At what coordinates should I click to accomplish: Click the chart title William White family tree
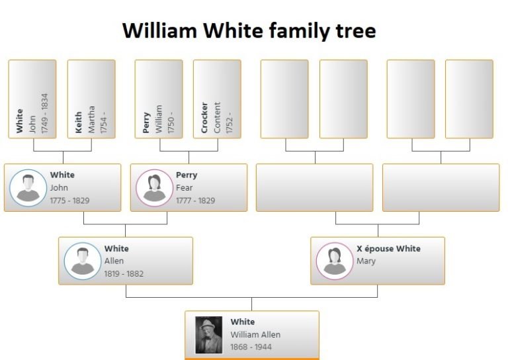(x=249, y=30)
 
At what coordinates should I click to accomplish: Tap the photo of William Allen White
(x=208, y=335)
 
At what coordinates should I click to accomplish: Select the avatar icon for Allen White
(x=82, y=261)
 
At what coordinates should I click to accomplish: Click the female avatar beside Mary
(x=334, y=261)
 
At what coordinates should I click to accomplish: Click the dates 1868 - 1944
(x=251, y=347)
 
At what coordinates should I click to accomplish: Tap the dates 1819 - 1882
(x=124, y=273)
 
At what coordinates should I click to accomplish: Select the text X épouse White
(x=388, y=249)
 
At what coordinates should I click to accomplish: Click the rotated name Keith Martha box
(x=91, y=99)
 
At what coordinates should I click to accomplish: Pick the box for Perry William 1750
(x=159, y=99)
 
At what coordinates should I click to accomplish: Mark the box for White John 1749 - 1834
(x=32, y=99)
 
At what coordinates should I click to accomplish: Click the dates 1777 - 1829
(x=195, y=201)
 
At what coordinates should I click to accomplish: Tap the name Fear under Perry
(x=184, y=188)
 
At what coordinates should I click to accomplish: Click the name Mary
(x=366, y=261)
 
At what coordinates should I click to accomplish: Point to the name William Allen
(x=255, y=334)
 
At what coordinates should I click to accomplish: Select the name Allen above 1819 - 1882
(x=114, y=261)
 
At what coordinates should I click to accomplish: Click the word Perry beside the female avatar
(x=187, y=175)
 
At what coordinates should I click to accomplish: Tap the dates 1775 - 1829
(x=69, y=201)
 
